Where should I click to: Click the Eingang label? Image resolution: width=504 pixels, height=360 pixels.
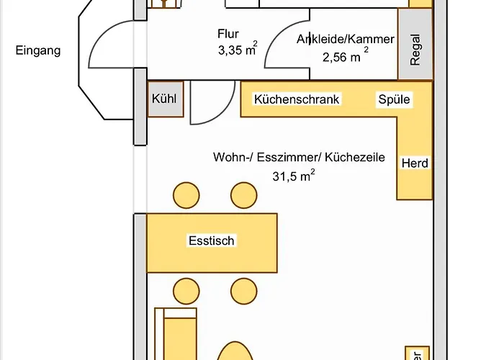click(38, 51)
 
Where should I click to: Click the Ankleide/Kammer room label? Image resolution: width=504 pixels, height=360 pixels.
click(345, 40)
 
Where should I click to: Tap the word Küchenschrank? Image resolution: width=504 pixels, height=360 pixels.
click(297, 100)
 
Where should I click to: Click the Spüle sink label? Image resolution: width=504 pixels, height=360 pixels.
click(394, 100)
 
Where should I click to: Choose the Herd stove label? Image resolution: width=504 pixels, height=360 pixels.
click(415, 163)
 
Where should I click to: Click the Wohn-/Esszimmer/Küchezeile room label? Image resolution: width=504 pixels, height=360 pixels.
click(299, 158)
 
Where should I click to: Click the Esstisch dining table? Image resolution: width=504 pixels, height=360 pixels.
click(212, 241)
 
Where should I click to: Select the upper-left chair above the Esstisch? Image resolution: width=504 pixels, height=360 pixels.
click(186, 195)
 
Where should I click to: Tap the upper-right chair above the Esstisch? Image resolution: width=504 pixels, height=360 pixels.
click(243, 195)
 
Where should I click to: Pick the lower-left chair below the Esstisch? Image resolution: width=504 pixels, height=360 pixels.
click(186, 289)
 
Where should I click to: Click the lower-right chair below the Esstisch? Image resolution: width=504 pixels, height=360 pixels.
click(243, 289)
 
